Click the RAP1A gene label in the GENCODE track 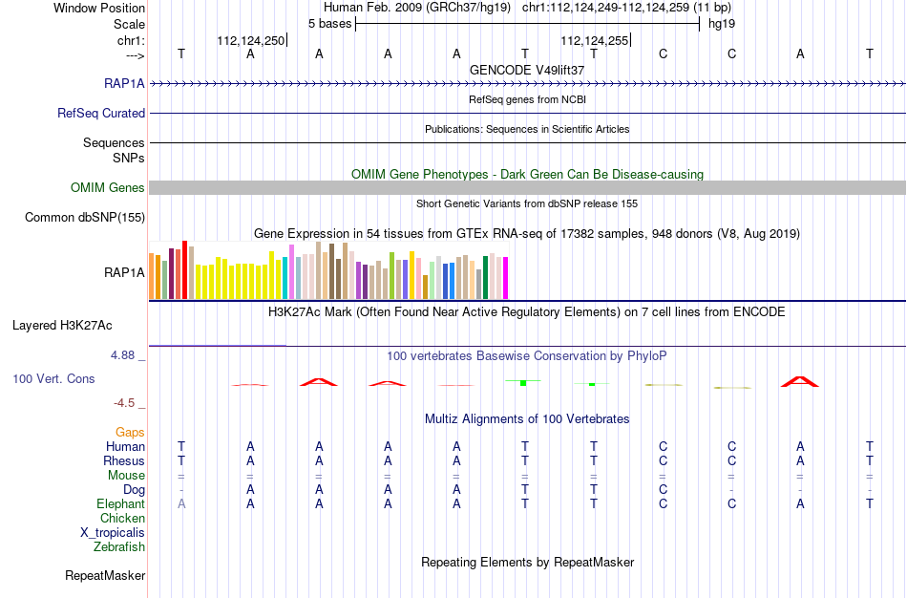(124, 83)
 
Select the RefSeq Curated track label (101, 113)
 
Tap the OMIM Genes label (108, 187)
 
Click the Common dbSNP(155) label (85, 217)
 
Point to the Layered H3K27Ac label (62, 326)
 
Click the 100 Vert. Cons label (53, 378)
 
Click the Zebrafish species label (119, 546)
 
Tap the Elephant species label (120, 503)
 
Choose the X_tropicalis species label (113, 533)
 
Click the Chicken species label (122, 518)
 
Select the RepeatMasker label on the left (105, 575)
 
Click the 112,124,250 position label (251, 40)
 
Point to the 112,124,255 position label (594, 40)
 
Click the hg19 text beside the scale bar (722, 24)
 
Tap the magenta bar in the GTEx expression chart (506, 278)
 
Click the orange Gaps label (130, 433)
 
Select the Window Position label (99, 8)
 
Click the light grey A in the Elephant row (181, 503)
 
